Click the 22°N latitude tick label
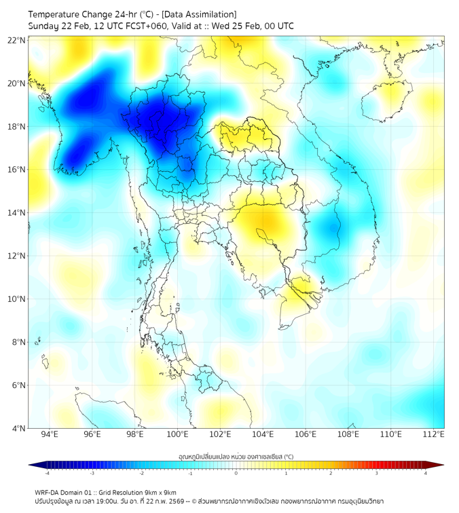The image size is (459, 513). pyautogui.click(x=16, y=40)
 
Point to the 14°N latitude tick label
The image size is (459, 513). pyautogui.click(x=16, y=212)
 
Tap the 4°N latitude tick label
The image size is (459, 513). pyautogui.click(x=18, y=428)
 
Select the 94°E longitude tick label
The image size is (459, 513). pyautogui.click(x=50, y=434)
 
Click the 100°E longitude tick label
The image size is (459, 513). pyautogui.click(x=178, y=434)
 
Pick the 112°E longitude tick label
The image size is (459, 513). pyautogui.click(x=434, y=434)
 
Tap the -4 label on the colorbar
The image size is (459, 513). pyautogui.click(x=47, y=473)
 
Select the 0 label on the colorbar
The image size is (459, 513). pyautogui.click(x=236, y=473)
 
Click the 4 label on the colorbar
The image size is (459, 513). pyautogui.click(x=426, y=473)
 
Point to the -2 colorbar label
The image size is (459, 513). pyautogui.click(x=141, y=473)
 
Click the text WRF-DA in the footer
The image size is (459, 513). pyautogui.click(x=48, y=492)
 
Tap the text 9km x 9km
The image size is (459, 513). pyautogui.click(x=160, y=492)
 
